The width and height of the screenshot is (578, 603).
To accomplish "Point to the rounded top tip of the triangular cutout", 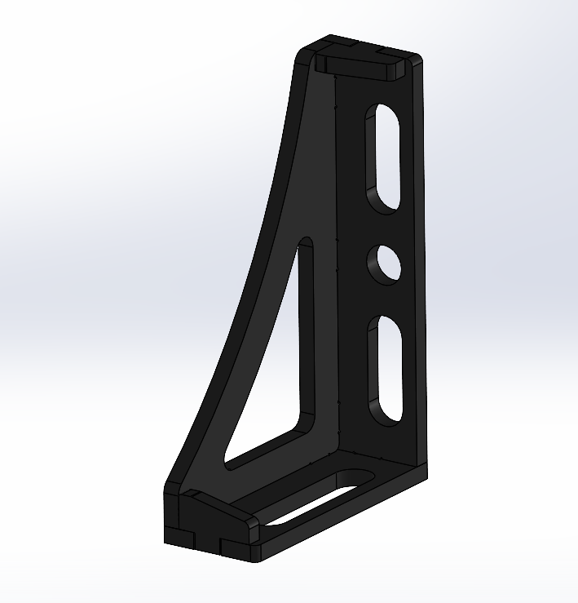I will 306,242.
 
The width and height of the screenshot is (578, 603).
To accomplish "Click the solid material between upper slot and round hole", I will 383,228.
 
